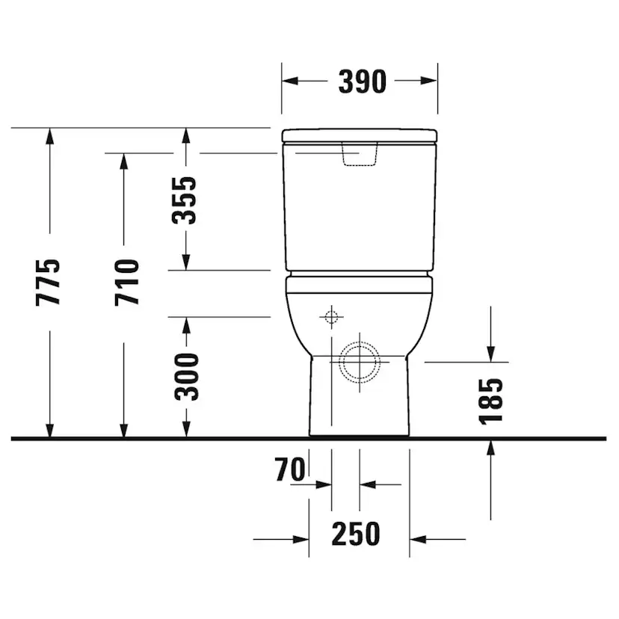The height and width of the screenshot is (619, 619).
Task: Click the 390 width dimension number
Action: point(362,81)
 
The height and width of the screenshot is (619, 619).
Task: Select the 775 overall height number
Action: point(48,283)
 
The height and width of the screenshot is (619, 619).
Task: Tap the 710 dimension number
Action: point(127,283)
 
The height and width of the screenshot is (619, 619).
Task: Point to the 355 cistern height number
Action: point(184,200)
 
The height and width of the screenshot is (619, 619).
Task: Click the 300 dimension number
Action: point(187,377)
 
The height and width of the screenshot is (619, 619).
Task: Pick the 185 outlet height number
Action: point(490,401)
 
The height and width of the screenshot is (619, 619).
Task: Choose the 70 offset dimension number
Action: point(290,469)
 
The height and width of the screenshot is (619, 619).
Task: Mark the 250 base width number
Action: point(356,534)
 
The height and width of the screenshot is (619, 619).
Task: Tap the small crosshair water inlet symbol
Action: point(332,317)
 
